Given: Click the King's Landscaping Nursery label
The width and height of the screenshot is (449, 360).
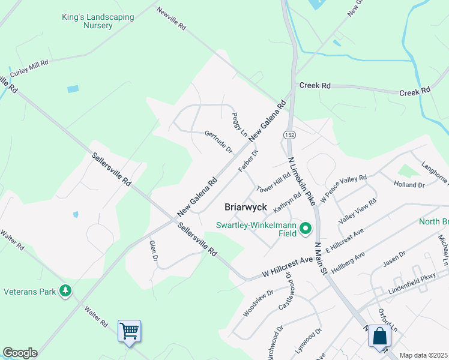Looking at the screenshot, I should coord(98,22).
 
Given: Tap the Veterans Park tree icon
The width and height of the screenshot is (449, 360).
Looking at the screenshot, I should coord(65,292).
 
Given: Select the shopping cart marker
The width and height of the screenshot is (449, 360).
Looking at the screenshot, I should coord(129,331).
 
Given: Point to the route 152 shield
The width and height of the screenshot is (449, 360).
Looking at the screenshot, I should coord(290,135).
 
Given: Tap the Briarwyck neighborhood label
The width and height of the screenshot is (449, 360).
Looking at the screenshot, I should coord(246,207).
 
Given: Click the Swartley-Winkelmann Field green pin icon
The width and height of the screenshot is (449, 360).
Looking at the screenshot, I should coord(306,228).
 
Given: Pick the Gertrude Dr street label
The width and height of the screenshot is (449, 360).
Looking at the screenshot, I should coord(218,142).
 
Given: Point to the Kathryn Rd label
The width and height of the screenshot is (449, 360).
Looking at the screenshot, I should coord(288,202).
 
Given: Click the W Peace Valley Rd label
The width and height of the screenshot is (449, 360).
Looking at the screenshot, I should coord(343,188).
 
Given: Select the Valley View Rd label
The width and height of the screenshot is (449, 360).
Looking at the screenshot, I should coord(357,211).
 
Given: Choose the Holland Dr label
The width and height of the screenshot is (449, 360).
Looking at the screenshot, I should coord(409,185).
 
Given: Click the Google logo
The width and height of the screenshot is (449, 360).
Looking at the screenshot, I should coord(20,353).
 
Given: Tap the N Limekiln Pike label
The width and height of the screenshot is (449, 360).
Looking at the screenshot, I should coord(301,179).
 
